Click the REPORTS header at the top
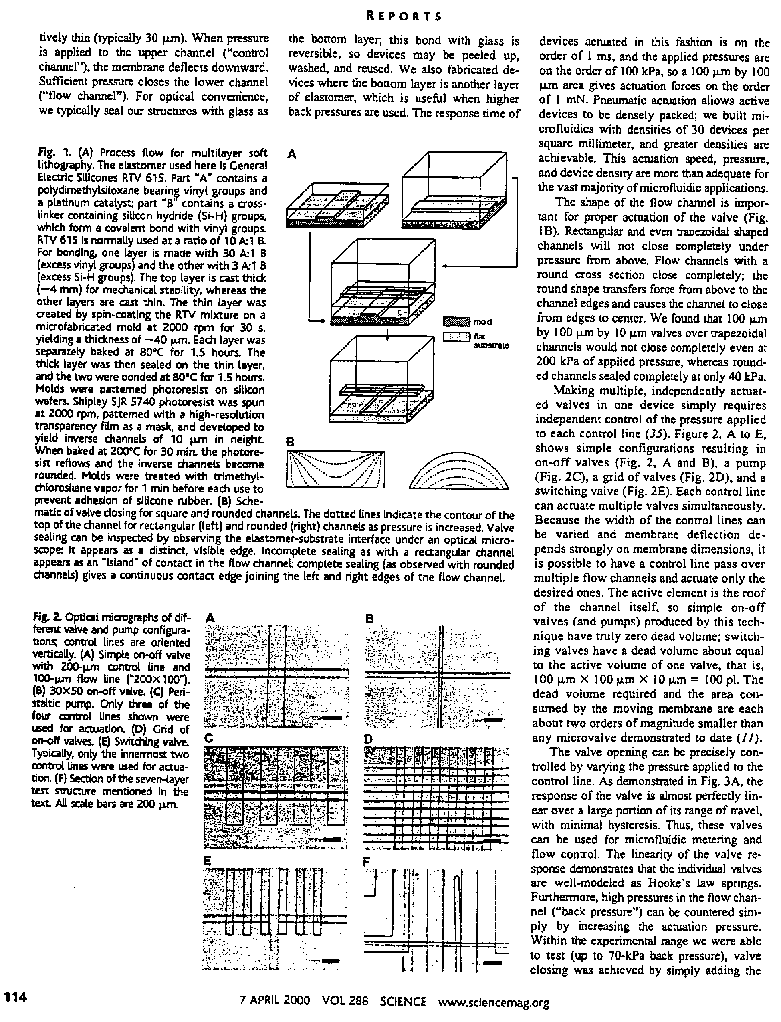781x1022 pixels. [x=404, y=17]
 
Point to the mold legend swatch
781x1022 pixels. [x=457, y=322]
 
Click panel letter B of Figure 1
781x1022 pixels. [x=290, y=442]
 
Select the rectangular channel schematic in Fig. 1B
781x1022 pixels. [x=336, y=469]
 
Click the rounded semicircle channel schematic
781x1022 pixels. [x=458, y=472]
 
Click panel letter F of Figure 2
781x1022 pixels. [x=367, y=861]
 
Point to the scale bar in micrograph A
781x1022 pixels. [x=331, y=718]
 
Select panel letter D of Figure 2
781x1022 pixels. [x=369, y=738]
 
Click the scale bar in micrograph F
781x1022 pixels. [x=493, y=963]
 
